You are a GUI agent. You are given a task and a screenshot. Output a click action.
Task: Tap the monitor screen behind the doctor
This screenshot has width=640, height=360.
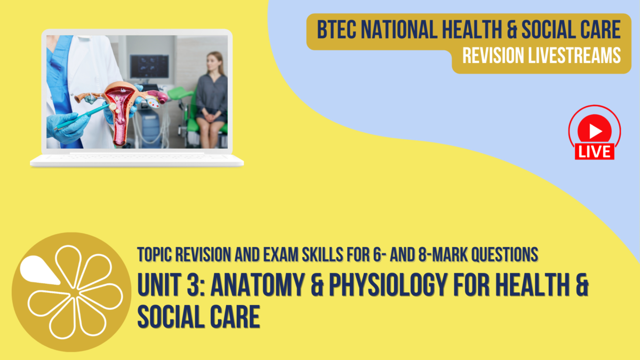click(x=147, y=67)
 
